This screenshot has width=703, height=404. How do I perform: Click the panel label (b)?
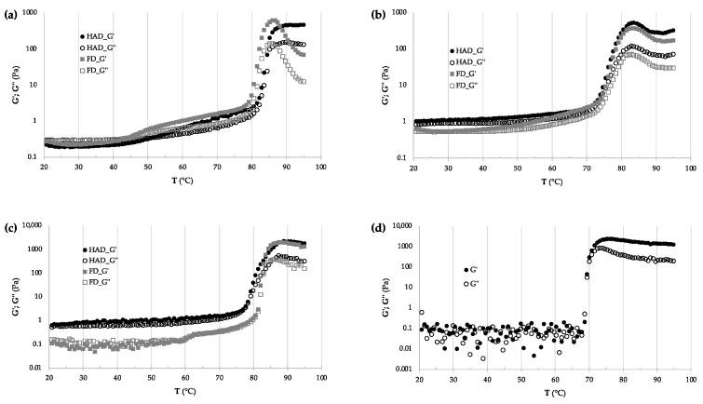point(362,13)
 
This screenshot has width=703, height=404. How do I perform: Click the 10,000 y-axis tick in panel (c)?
point(25,226)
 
